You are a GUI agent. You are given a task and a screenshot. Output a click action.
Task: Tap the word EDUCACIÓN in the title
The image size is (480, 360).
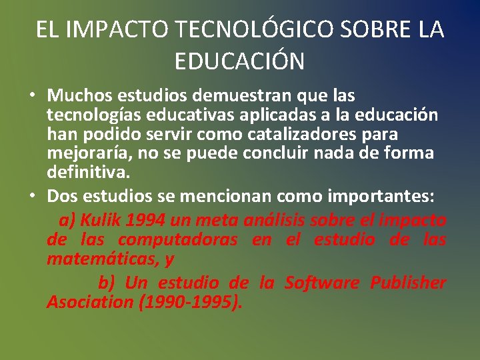pyautogui.click(x=239, y=61)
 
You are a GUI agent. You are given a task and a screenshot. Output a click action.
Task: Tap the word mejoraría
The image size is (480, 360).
pyautogui.click(x=85, y=153)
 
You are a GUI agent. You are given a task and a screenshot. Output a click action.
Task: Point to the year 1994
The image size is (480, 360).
pyautogui.click(x=145, y=219)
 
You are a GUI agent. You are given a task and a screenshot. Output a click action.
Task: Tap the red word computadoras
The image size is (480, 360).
pyautogui.click(x=177, y=239)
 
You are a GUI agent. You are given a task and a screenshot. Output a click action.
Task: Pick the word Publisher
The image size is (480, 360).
pyautogui.click(x=408, y=283)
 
